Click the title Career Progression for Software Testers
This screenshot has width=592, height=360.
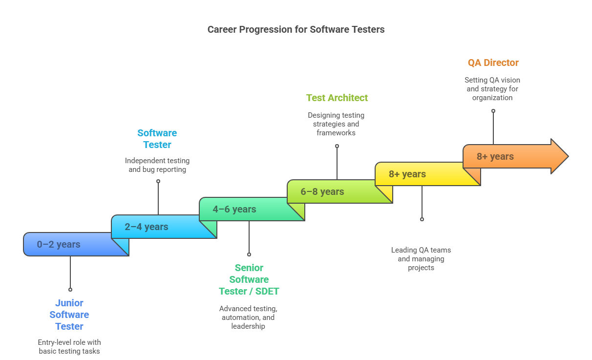tap(296, 29)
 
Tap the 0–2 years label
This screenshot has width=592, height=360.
tap(59, 244)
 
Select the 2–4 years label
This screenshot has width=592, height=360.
tap(147, 227)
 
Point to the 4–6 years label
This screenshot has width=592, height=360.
tap(234, 209)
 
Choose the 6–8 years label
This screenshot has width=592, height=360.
tap(322, 191)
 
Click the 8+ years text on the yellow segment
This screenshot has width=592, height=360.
tap(407, 174)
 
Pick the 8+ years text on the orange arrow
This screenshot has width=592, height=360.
tap(495, 156)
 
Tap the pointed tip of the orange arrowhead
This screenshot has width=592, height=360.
tap(568, 156)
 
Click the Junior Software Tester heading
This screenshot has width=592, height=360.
tap(69, 315)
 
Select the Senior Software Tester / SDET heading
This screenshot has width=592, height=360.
tap(249, 279)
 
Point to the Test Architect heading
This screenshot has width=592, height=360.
tap(337, 98)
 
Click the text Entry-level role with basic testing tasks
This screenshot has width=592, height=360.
tap(69, 347)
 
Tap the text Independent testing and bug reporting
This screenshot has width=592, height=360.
tap(157, 165)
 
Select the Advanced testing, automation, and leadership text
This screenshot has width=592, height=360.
tap(248, 318)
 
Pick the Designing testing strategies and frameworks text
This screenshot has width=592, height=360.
tap(336, 124)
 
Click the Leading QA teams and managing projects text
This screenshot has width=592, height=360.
tap(421, 259)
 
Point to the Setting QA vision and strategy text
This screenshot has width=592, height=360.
tap(492, 89)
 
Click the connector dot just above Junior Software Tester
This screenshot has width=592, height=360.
tap(70, 290)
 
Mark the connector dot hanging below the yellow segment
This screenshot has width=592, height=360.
tap(422, 219)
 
